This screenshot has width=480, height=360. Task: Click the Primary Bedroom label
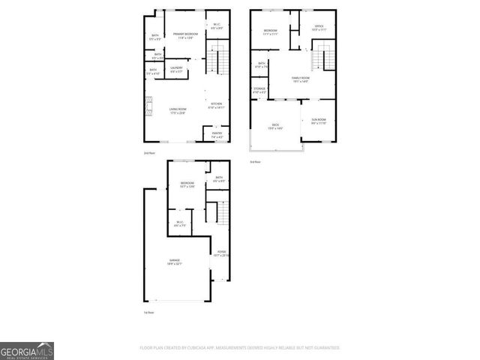coord(185,35)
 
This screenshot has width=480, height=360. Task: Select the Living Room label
coord(177,111)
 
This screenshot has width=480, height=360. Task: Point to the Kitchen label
coord(216,106)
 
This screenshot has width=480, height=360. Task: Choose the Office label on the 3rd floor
coord(319,29)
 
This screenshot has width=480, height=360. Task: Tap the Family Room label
coord(301,79)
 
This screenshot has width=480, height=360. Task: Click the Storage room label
coord(259,90)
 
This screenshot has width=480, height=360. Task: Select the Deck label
coord(274,127)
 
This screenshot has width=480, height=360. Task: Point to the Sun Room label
coord(318,121)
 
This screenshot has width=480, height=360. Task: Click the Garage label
coord(174,262)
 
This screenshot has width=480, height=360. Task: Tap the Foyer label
coord(221,253)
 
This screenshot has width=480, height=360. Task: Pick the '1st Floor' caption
coord(149,312)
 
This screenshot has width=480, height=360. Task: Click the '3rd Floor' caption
coord(256,162)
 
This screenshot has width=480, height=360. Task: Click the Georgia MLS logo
coord(27,351)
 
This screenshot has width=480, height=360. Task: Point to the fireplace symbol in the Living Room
coord(148,104)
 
